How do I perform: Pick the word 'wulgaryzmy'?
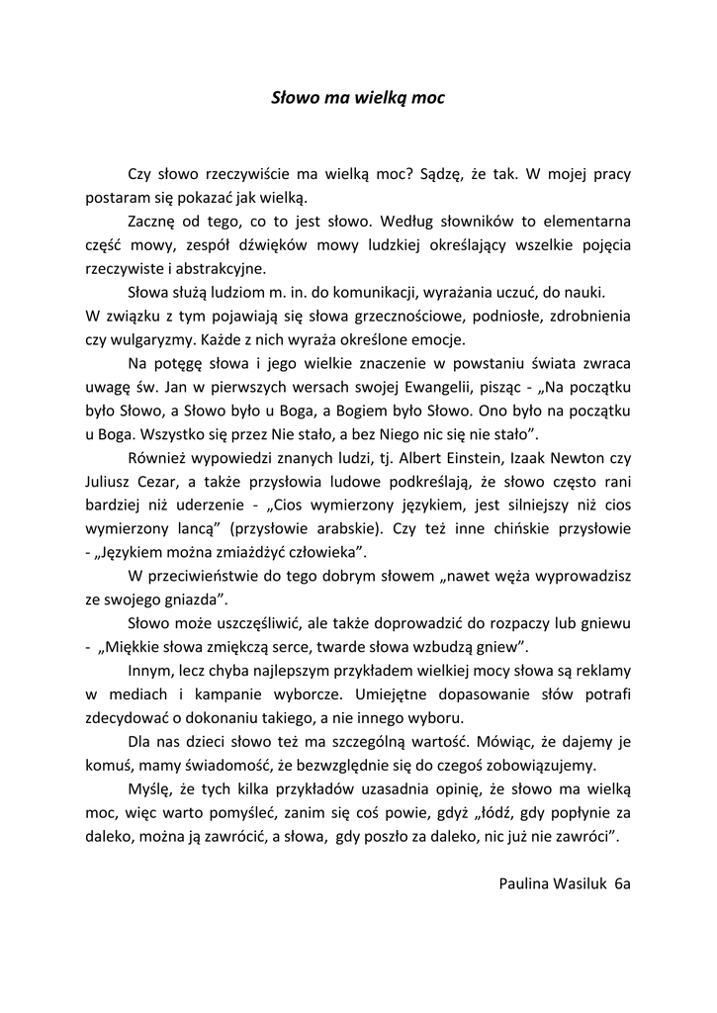(x=148, y=339)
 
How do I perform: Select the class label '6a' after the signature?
(x=622, y=882)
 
